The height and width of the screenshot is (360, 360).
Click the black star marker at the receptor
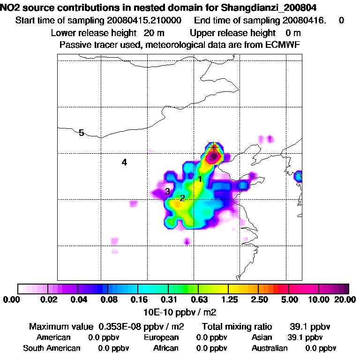(214, 148)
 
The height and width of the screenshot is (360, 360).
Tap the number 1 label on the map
(200, 179)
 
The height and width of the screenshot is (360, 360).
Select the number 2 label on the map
(182, 198)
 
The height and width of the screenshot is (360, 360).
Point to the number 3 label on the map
(167, 191)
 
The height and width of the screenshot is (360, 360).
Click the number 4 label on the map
(124, 163)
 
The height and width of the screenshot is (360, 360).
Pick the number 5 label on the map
(81, 133)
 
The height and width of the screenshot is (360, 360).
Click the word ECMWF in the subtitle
(284, 45)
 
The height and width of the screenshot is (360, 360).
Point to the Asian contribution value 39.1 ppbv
(305, 337)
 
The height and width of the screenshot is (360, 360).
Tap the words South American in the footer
(52, 348)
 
